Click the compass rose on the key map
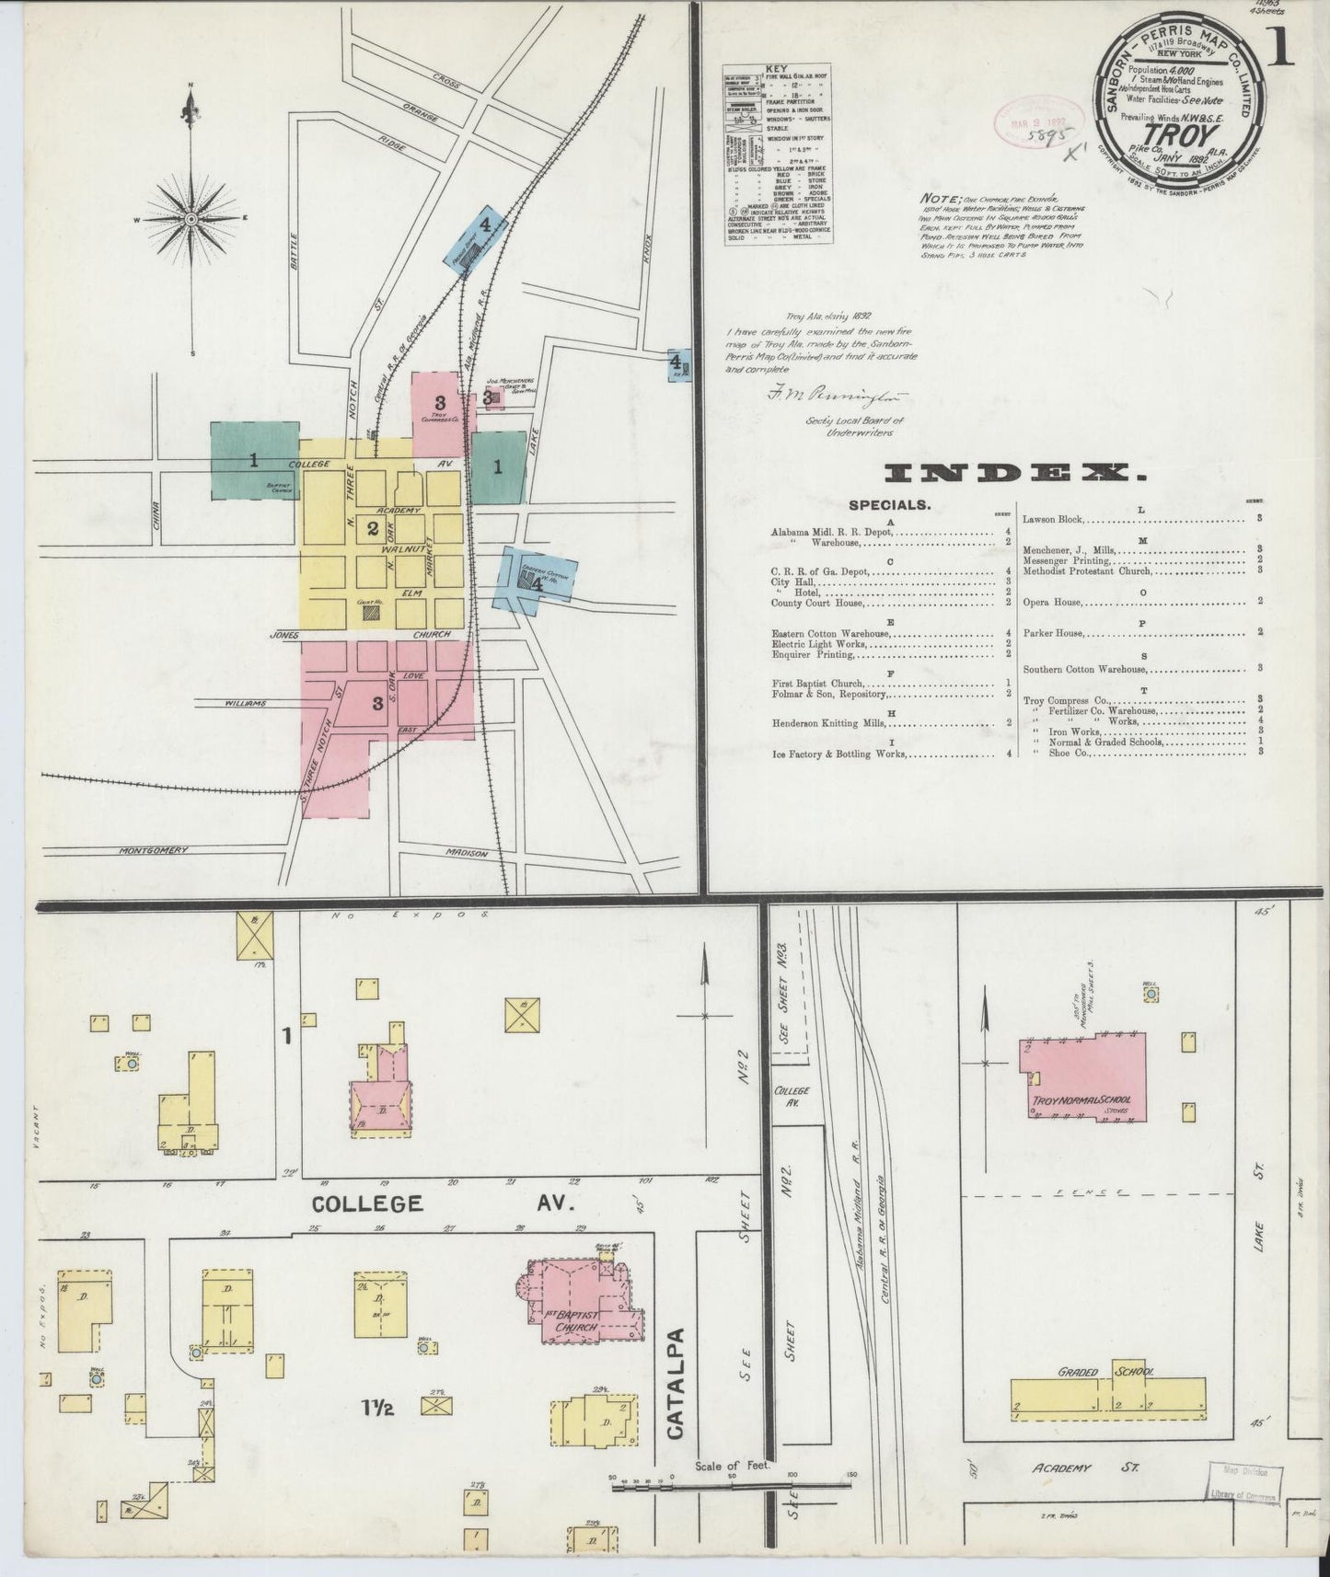pos(191,219)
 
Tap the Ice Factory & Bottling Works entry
pos(838,754)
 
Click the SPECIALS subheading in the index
pos(889,504)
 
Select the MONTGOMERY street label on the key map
pos(154,850)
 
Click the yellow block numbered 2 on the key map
pos(373,528)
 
